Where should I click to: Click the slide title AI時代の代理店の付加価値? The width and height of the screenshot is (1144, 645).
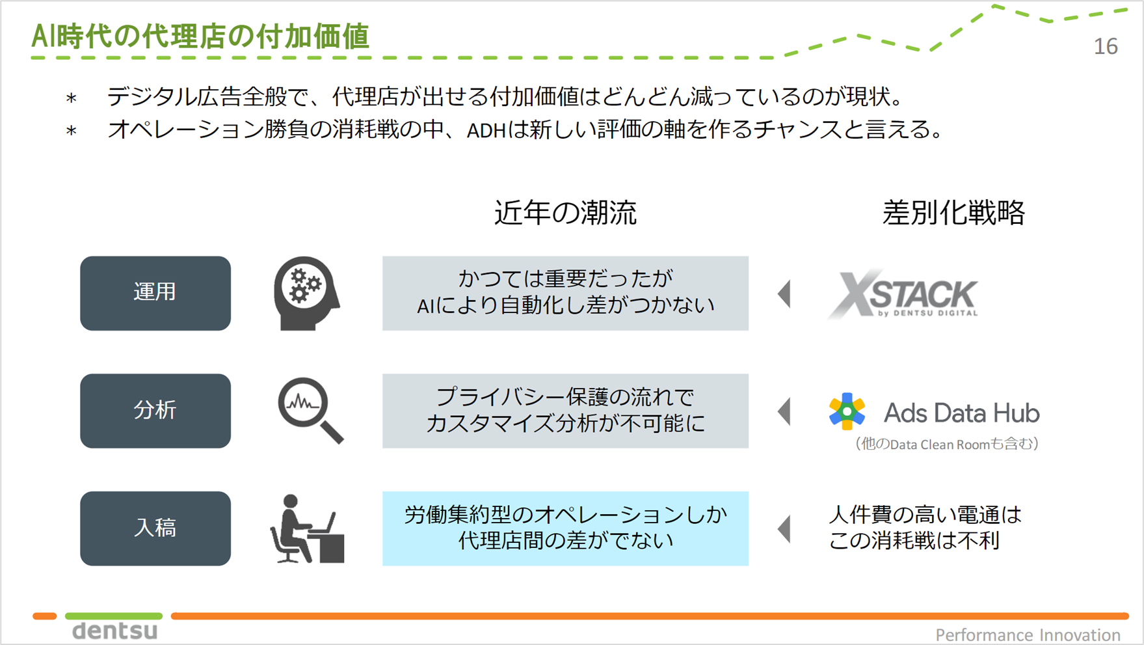click(200, 36)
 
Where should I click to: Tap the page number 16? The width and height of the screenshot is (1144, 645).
click(1105, 46)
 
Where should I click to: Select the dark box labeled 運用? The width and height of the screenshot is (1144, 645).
click(155, 293)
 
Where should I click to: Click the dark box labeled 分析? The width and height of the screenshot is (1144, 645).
click(155, 411)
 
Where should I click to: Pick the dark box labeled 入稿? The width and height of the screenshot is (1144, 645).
click(155, 528)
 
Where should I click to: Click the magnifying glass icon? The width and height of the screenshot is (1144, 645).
click(310, 411)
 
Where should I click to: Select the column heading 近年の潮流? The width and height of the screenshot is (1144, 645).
click(565, 213)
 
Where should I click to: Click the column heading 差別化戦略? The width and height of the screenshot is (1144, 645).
click(953, 213)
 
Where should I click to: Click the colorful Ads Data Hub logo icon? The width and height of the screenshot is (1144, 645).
click(847, 411)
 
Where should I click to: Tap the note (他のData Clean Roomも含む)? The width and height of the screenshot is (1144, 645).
click(946, 444)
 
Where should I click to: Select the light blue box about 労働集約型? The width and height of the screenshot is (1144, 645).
click(565, 528)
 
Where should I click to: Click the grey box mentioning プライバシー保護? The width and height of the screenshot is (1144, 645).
click(565, 411)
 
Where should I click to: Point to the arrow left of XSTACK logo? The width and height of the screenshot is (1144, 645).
click(785, 294)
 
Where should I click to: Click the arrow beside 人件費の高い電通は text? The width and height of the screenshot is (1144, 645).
click(785, 528)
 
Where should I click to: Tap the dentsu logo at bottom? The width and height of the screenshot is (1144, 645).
click(114, 631)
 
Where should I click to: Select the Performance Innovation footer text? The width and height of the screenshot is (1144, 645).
click(1027, 635)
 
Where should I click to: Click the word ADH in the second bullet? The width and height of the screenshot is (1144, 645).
click(486, 131)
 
